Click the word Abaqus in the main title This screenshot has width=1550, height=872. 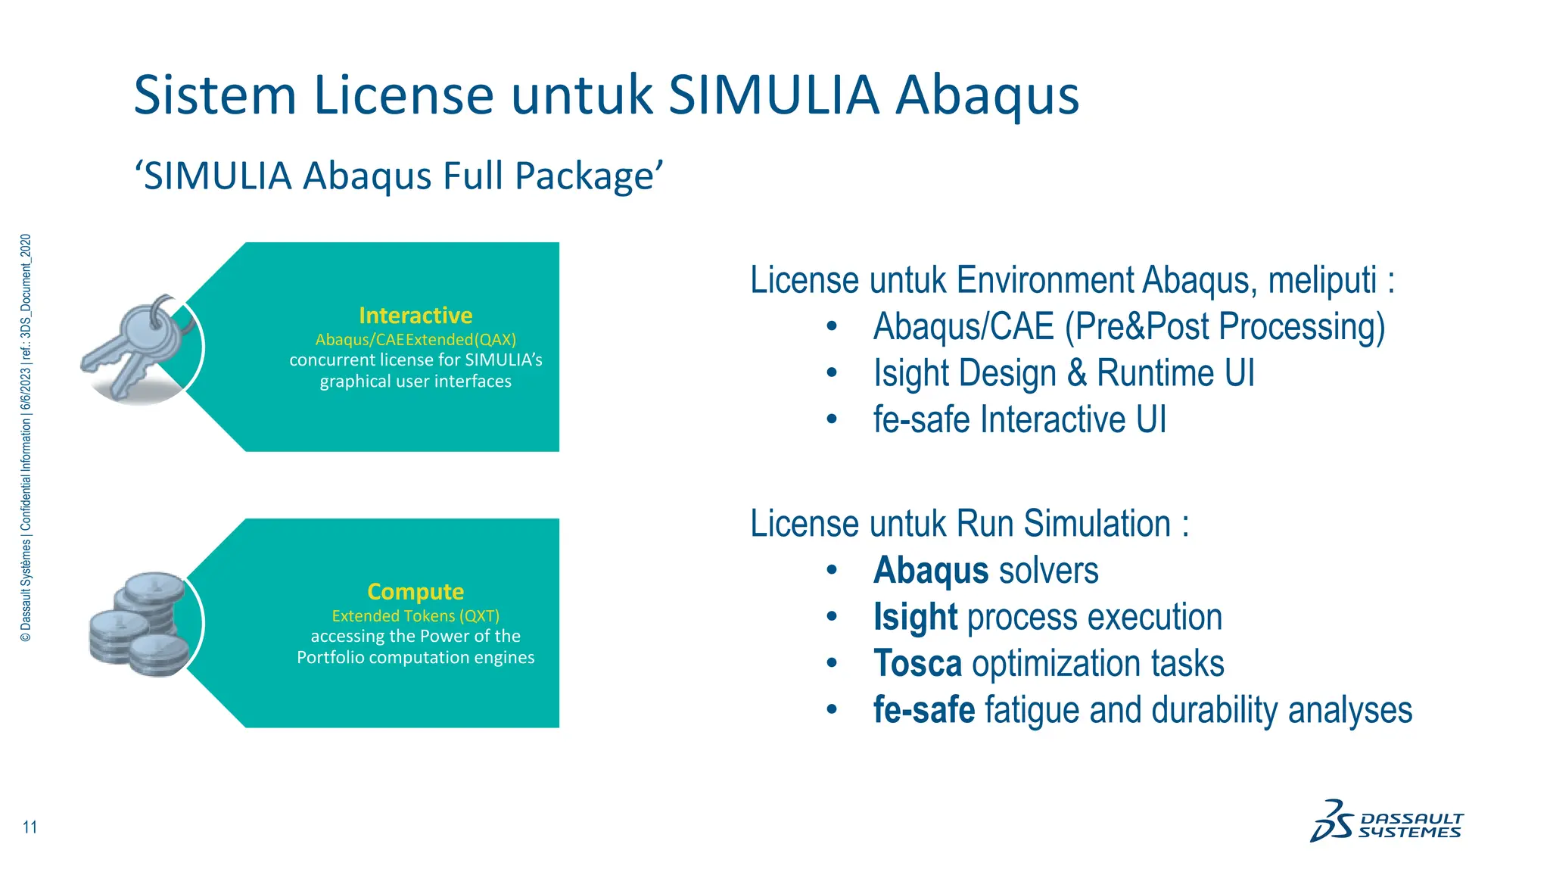point(987,97)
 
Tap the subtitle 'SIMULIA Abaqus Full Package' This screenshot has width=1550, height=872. point(398,176)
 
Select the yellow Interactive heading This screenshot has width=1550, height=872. point(416,315)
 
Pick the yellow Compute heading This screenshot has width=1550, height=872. point(416,591)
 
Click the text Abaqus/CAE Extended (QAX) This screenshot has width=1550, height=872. point(416,339)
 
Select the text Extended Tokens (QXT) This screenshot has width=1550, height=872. point(416,615)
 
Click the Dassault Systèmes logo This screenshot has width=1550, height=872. point(1387,822)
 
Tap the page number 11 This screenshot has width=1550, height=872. point(30,827)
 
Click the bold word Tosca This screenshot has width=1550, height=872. point(917,664)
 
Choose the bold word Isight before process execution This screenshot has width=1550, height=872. point(915,617)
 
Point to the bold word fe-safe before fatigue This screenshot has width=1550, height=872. point(923,710)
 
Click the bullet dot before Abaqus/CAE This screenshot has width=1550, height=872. point(832,327)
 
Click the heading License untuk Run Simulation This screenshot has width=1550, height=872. point(969,524)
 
